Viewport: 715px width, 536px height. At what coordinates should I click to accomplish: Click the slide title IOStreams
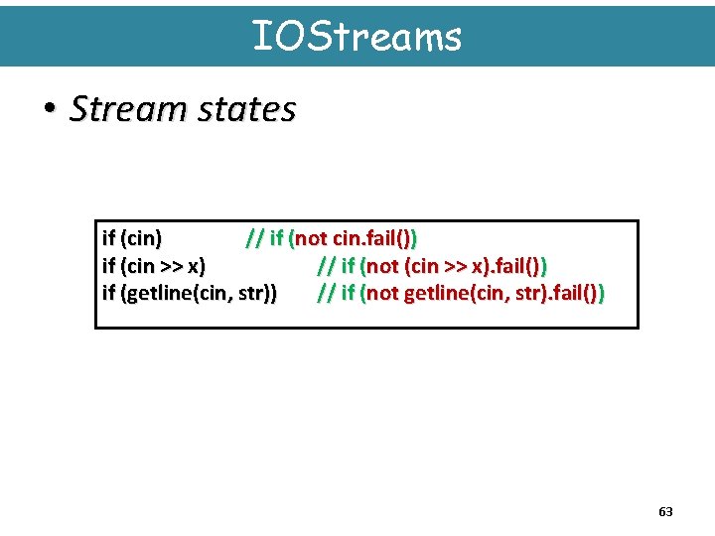[x=357, y=37]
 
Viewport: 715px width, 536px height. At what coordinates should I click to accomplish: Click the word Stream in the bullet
[x=111, y=109]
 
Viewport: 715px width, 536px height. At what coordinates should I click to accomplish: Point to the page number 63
[x=665, y=512]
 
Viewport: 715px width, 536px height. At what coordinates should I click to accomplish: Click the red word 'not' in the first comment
[x=311, y=238]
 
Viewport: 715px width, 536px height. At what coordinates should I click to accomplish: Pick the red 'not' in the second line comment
[x=382, y=266]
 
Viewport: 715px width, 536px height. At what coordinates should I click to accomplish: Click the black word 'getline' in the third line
[x=156, y=294]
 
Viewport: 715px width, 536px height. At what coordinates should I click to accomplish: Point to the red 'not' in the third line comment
[x=382, y=294]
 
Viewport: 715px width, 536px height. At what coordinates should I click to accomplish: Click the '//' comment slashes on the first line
[x=254, y=238]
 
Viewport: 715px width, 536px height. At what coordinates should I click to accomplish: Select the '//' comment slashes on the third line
[x=325, y=294]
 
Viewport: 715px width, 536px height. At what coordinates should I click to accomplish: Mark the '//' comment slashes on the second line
[x=325, y=266]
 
